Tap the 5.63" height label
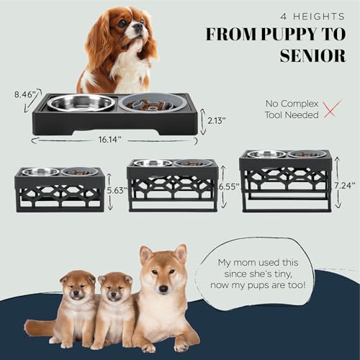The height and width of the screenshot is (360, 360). (117, 192)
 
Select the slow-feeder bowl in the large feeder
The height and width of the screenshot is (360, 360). (152, 103)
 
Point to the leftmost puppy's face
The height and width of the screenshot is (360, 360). (77, 288)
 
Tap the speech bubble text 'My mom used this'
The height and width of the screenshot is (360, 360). (266, 262)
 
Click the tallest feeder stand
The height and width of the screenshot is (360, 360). (286, 180)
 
